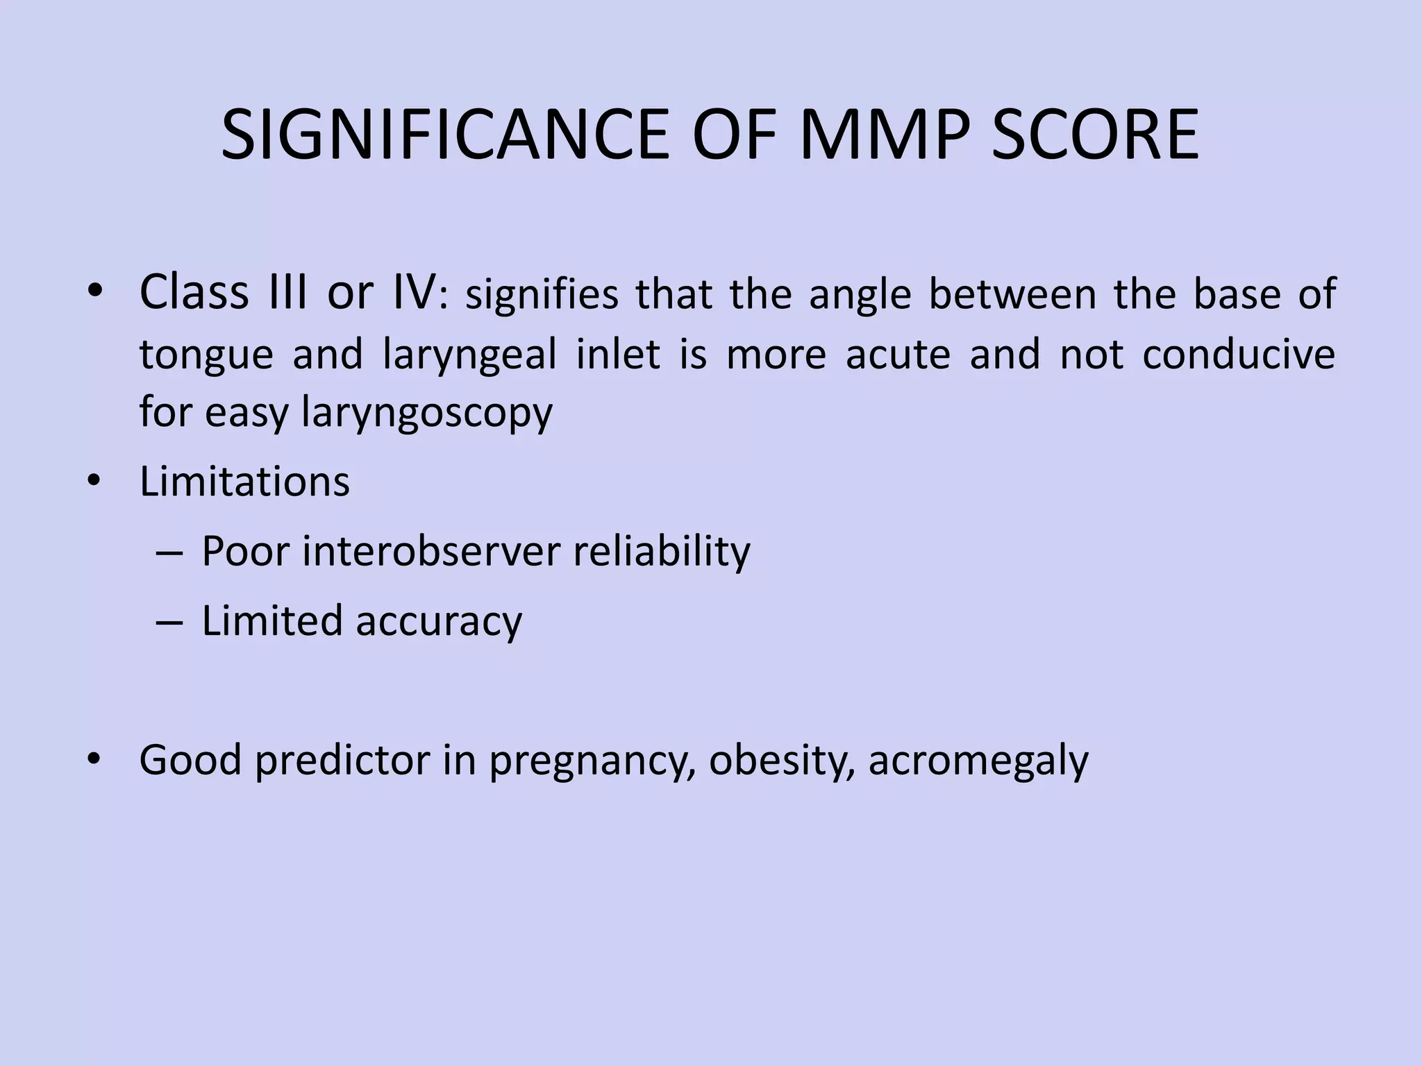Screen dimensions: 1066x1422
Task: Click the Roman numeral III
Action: [285, 293]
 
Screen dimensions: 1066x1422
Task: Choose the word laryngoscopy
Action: [427, 414]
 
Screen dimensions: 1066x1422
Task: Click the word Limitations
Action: [244, 482]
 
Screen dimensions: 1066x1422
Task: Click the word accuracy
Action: [439, 621]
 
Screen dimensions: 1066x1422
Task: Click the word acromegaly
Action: [978, 761]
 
